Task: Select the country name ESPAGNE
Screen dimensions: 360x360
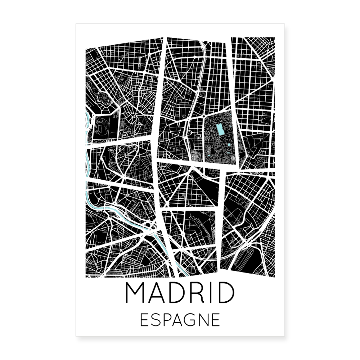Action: (180, 320)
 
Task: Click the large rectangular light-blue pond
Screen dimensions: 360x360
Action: (220, 129)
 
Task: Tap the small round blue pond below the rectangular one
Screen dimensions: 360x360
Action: (229, 145)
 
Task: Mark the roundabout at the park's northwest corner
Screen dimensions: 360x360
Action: (204, 117)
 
